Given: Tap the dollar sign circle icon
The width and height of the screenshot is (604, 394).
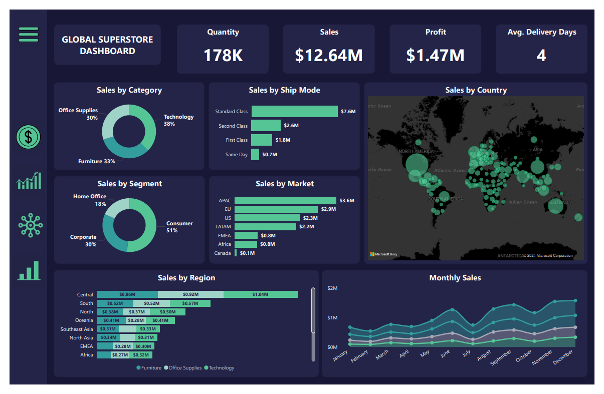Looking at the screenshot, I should (29, 136).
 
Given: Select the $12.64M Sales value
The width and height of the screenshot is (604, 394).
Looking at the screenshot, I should (329, 55).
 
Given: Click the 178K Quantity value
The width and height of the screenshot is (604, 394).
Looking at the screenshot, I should (223, 55).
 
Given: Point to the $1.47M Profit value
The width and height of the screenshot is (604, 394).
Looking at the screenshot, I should (435, 55).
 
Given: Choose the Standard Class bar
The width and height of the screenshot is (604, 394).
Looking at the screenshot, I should (294, 111).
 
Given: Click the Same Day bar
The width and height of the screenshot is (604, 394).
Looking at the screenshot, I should (255, 154).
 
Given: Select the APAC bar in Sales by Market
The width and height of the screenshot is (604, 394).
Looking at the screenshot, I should (285, 200).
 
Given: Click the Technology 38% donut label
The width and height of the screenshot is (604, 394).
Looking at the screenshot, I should (178, 120).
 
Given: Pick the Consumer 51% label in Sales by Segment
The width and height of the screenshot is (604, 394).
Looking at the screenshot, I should (179, 227).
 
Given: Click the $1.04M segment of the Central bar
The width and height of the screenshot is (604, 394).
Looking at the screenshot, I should (260, 294).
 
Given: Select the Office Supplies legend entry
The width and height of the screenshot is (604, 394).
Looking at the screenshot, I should (184, 367).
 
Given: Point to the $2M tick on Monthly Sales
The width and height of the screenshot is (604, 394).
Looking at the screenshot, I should (332, 288).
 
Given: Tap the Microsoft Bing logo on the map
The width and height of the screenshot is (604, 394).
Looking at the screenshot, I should (383, 254).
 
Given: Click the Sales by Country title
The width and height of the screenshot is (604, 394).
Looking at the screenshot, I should (476, 90).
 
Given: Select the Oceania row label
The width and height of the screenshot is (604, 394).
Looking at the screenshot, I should (84, 320).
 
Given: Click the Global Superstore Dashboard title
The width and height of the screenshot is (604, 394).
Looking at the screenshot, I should (107, 45).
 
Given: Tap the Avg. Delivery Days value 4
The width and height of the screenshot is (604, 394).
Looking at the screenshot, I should (541, 55).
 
